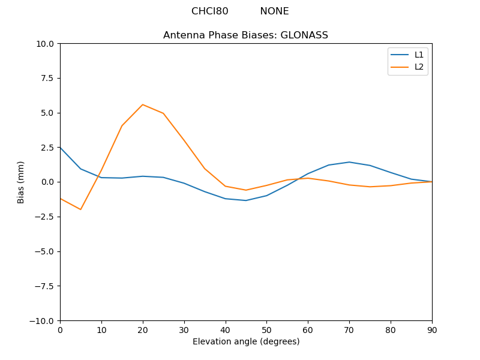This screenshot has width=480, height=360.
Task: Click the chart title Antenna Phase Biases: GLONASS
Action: pyautogui.click(x=245, y=35)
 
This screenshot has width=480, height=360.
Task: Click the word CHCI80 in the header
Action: pyautogui.click(x=209, y=11)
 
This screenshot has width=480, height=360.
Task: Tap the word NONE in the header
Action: pyautogui.click(x=274, y=11)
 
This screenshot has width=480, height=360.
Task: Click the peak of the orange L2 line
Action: pyautogui.click(x=142, y=104)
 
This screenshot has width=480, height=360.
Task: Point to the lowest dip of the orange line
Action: pyautogui.click(x=80, y=209)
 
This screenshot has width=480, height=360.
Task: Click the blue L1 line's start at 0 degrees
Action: pyautogui.click(x=61, y=147)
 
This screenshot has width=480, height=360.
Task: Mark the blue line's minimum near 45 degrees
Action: pyautogui.click(x=246, y=200)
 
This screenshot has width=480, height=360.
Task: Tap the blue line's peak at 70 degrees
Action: pyautogui.click(x=349, y=162)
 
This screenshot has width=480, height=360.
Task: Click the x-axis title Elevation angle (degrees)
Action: pyautogui.click(x=245, y=342)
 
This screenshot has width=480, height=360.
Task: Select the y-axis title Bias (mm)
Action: pyautogui.click(x=21, y=182)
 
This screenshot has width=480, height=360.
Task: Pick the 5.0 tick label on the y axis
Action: pyautogui.click(x=47, y=113)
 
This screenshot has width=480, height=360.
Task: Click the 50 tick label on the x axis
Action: pyautogui.click(x=266, y=329)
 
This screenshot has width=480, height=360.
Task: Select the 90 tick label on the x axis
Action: pyautogui.click(x=431, y=329)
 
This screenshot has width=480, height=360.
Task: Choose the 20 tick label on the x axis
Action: pyautogui.click(x=142, y=329)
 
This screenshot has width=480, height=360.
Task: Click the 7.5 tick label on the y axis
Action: pyautogui.click(x=47, y=79)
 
